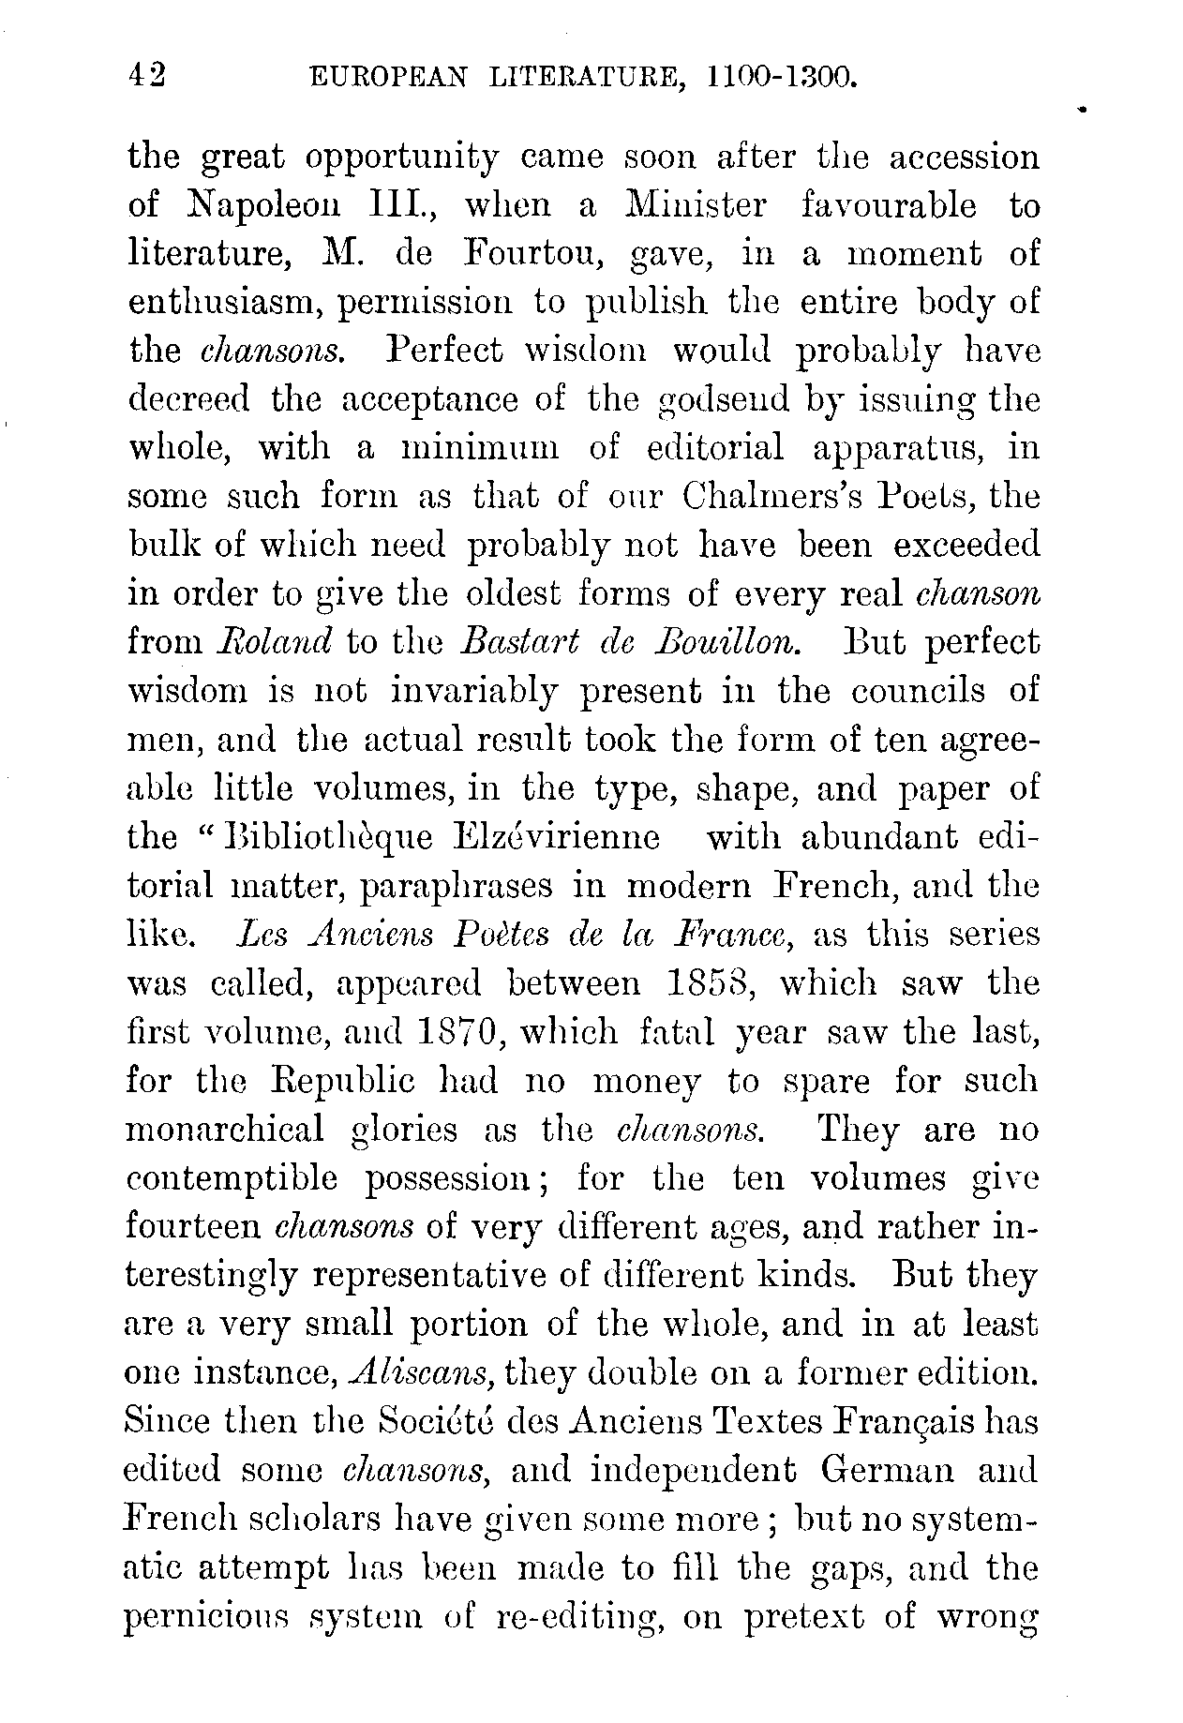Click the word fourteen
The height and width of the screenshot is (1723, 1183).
click(x=192, y=1228)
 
